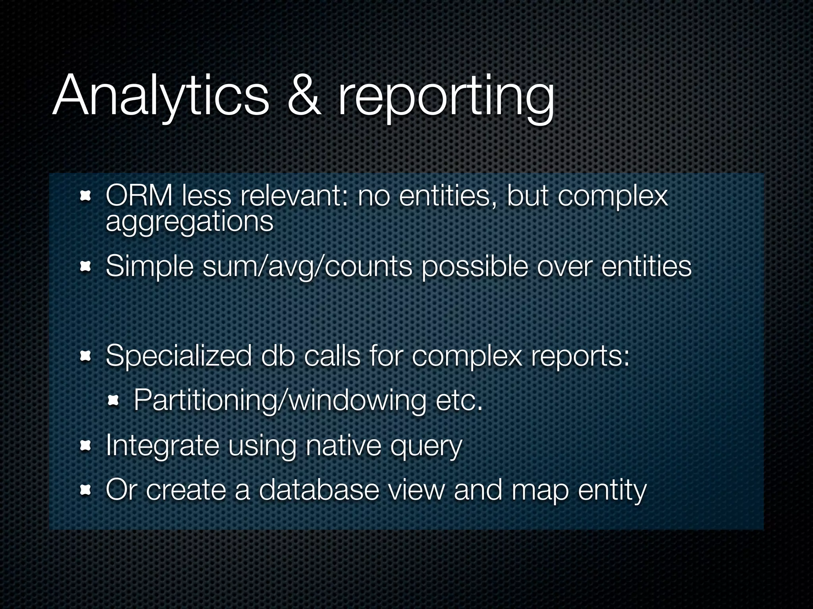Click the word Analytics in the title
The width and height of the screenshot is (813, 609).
tap(160, 97)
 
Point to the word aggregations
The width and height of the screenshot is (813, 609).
tap(190, 222)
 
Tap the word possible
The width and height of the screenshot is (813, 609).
tap(475, 266)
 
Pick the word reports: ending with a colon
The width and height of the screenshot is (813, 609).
tap(580, 356)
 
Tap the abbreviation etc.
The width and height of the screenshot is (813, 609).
tap(459, 400)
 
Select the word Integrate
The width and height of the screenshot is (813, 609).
tap(162, 446)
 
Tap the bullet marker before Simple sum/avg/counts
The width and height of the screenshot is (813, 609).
tap(86, 267)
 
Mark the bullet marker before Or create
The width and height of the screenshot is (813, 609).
tap(86, 491)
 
